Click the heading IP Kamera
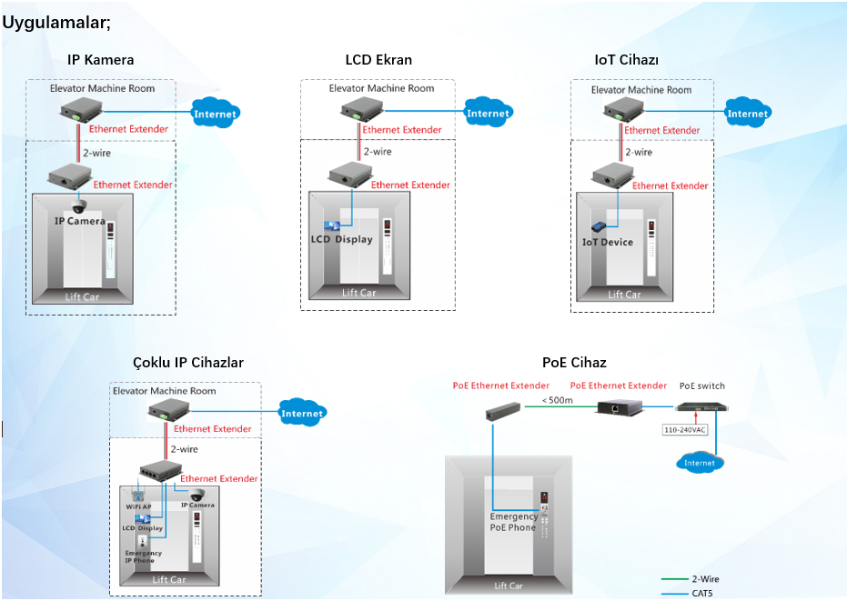(x=100, y=60)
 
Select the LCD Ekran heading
(x=378, y=60)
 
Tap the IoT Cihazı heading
(x=626, y=60)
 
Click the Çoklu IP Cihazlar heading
(x=188, y=363)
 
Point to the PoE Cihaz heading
(x=574, y=363)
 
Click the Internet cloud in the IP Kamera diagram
(x=216, y=114)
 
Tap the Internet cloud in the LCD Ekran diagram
(x=488, y=114)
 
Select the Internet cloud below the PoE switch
(x=700, y=463)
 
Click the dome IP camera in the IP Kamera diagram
(x=79, y=206)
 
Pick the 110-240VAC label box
(x=685, y=429)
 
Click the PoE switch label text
(x=702, y=386)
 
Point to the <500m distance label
(x=558, y=400)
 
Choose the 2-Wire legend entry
(x=705, y=579)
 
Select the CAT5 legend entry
(x=702, y=593)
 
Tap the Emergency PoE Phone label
(x=513, y=522)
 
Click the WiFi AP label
(x=138, y=506)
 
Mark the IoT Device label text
(x=607, y=242)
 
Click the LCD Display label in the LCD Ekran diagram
(x=341, y=239)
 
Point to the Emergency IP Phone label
(x=143, y=556)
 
